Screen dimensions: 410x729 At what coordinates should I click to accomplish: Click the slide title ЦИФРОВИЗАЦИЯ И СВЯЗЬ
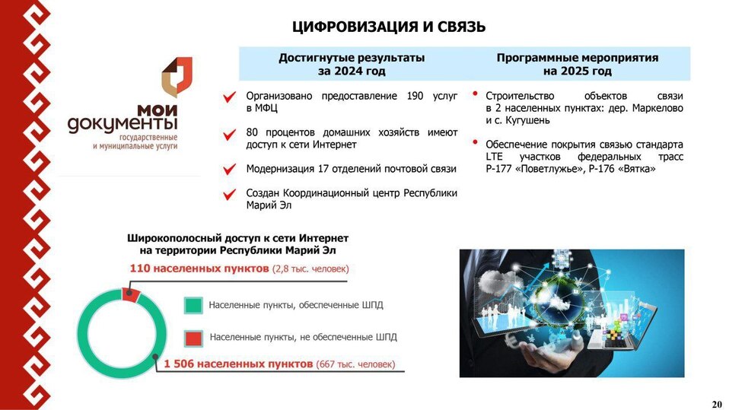click(388, 27)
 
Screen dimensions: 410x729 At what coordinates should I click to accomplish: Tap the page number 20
click(716, 403)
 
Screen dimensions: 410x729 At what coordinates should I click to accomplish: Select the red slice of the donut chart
click(130, 294)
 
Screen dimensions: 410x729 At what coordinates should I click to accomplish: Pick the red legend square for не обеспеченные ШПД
click(193, 337)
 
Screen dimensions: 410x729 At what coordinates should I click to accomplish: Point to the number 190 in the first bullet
click(415, 96)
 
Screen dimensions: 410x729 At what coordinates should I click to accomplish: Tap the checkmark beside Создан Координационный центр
click(229, 195)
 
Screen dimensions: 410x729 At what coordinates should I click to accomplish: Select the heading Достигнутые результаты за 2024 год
click(351, 64)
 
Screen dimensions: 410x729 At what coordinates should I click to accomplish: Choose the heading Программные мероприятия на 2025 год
click(577, 64)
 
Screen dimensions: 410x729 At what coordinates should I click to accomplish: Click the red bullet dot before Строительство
click(475, 94)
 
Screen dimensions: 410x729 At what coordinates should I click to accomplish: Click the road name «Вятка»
click(638, 168)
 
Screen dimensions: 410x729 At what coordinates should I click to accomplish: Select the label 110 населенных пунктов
click(199, 269)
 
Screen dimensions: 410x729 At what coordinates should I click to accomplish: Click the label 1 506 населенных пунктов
click(237, 364)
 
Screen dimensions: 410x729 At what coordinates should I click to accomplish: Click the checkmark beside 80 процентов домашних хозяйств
click(229, 134)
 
